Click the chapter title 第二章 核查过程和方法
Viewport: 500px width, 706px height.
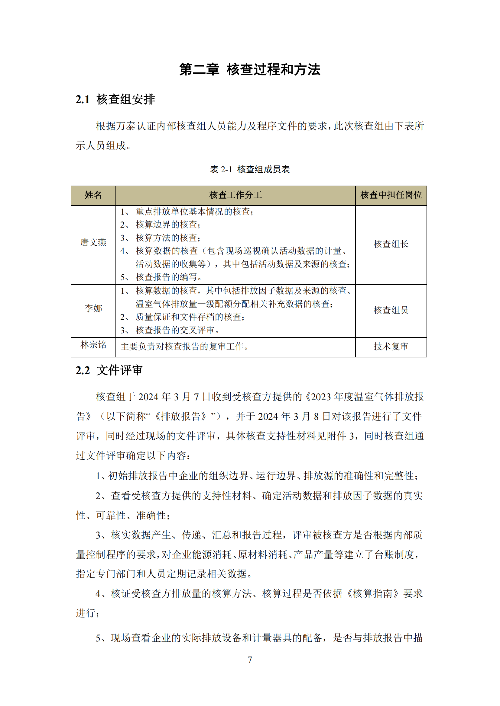[x=250, y=69]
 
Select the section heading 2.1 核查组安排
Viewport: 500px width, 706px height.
[x=115, y=99]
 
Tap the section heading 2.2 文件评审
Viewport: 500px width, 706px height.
[x=109, y=370]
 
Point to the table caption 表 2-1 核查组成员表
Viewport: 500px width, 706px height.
[x=250, y=169]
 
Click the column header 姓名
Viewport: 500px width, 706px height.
[x=93, y=195]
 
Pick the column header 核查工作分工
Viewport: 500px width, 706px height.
[x=235, y=195]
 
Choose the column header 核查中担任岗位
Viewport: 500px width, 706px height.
[x=391, y=195]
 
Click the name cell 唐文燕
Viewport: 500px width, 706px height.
[x=93, y=242]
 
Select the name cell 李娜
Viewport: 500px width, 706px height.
[x=93, y=308]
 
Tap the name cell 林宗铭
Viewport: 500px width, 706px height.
[x=93, y=345]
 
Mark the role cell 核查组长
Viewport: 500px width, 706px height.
[x=391, y=244]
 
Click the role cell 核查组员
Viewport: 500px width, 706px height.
[x=391, y=310]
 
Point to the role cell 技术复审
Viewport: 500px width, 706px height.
[x=391, y=347]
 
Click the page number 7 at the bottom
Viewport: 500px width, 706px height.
[x=250, y=660]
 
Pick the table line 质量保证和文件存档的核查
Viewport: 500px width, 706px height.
[x=190, y=317]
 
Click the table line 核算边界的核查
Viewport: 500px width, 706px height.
[x=168, y=225]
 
